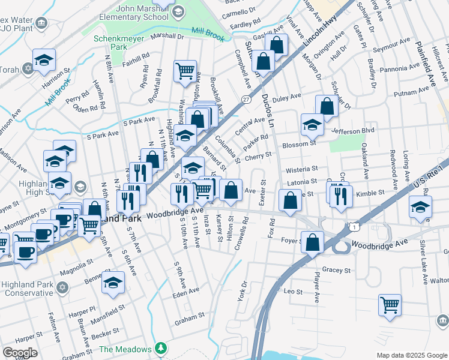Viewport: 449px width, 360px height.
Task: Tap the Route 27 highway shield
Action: click(x=246, y=99)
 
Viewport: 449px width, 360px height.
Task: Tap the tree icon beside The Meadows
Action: click(x=160, y=348)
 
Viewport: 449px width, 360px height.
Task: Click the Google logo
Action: click(x=19, y=353)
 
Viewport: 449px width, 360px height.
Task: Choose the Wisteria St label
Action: click(x=301, y=170)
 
